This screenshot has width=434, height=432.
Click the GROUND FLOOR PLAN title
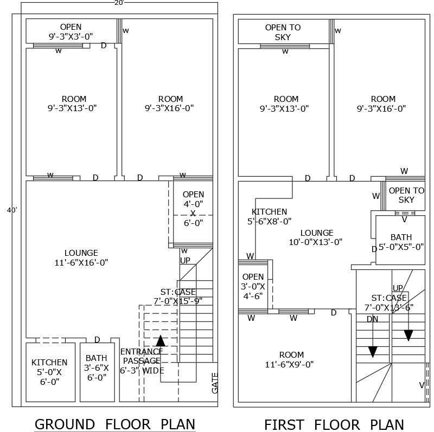[115, 423]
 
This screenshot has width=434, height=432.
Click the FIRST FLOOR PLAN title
[334, 424]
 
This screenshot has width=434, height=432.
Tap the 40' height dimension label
[11, 210]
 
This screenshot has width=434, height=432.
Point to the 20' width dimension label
[119, 3]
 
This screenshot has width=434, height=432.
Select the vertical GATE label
[214, 383]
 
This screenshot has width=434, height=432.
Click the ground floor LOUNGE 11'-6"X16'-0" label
[81, 258]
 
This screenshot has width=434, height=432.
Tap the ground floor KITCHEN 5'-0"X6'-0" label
[49, 371]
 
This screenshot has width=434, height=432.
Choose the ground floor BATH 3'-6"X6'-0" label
[97, 367]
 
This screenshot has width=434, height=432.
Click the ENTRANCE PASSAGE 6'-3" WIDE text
[142, 360]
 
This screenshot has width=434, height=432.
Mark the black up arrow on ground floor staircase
[161, 341]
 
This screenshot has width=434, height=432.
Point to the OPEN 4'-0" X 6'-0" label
[193, 208]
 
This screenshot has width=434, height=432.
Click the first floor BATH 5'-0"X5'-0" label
[401, 242]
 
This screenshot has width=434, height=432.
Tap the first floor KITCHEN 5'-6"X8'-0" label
[269, 216]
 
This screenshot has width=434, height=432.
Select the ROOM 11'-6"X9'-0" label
[292, 360]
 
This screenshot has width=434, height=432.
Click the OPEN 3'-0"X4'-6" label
[253, 287]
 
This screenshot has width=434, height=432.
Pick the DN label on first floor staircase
[372, 319]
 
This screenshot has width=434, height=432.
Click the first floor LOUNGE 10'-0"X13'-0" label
[317, 237]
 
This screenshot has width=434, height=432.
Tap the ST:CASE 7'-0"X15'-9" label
[178, 296]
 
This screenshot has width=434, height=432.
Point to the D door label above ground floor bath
[97, 340]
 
